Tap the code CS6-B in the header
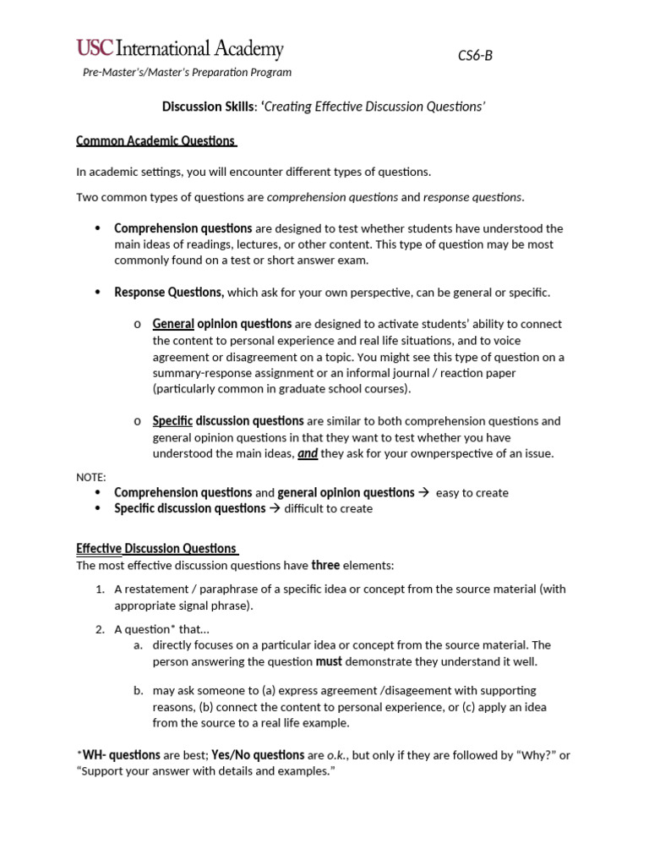(475, 55)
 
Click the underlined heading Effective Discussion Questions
(157, 548)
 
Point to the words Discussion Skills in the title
(207, 107)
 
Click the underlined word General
(173, 324)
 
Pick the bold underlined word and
(308, 453)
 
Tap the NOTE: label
(91, 477)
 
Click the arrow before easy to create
(424, 492)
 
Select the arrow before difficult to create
(275, 508)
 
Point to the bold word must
(329, 661)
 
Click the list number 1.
(100, 589)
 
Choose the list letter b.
(138, 691)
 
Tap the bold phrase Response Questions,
(169, 293)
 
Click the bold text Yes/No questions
(258, 755)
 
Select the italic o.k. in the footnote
(338, 755)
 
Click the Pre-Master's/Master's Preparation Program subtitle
(187, 73)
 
